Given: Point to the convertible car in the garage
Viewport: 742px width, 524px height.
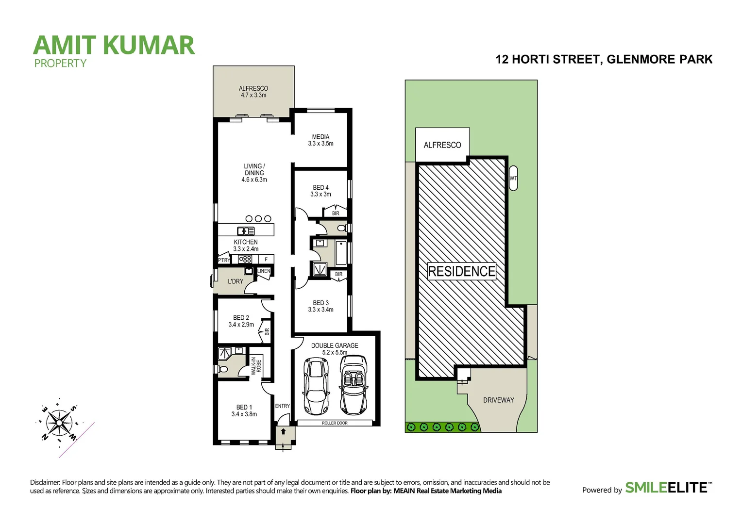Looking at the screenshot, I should coord(353,386).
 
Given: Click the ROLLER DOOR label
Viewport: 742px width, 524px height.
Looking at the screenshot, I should coord(335,423).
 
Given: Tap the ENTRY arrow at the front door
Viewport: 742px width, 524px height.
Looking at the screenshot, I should coord(283,431).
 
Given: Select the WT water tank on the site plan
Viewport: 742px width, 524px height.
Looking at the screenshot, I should coord(513,178).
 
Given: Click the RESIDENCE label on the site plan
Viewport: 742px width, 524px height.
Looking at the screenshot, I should coord(462,271).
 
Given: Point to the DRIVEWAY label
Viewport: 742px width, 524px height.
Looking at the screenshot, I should coord(498,400).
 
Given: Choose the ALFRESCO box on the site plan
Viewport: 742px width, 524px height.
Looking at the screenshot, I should coord(442,145).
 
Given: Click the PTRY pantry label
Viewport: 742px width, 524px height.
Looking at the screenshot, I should coord(224,260).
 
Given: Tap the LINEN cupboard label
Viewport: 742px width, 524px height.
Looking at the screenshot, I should coord(264,271).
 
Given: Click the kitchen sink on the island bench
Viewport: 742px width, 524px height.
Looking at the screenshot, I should coord(246,231).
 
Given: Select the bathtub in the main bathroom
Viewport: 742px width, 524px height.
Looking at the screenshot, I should coord(341,253).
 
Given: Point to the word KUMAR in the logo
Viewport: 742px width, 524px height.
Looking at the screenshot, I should coord(149,45).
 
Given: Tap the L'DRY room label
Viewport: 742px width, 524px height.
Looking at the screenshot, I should coord(236,281).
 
